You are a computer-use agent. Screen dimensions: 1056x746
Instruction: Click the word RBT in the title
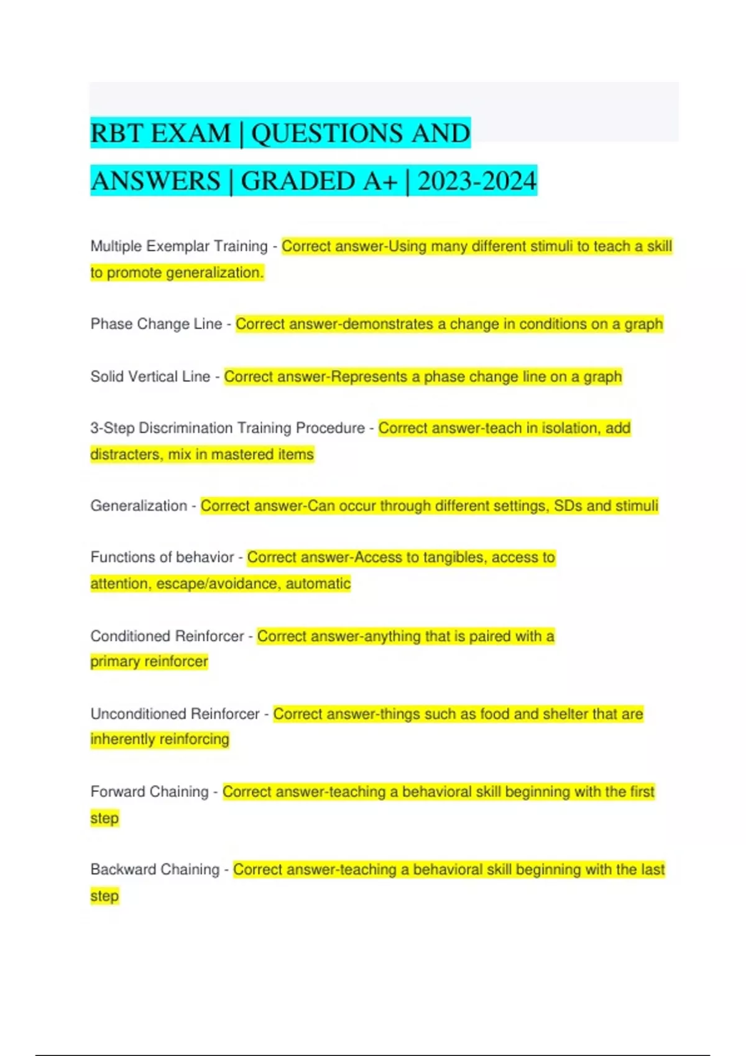pyautogui.click(x=117, y=134)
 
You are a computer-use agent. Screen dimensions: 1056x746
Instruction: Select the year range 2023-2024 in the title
pyautogui.click(x=477, y=181)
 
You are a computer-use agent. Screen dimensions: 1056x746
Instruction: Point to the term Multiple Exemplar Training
pyautogui.click(x=179, y=246)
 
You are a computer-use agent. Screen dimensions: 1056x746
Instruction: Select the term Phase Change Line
pyautogui.click(x=156, y=324)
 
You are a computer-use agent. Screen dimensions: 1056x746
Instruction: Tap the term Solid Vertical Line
pyautogui.click(x=150, y=376)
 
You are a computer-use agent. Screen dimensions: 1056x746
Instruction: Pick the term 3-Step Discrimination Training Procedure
pyautogui.click(x=228, y=428)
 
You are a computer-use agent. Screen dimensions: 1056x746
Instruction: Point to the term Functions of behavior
pyautogui.click(x=162, y=557)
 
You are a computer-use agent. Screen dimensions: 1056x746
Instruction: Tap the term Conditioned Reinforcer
pyautogui.click(x=167, y=636)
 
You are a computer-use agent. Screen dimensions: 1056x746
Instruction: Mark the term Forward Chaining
pyautogui.click(x=149, y=791)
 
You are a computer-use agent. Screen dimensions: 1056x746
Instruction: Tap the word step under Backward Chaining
pyautogui.click(x=104, y=896)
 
